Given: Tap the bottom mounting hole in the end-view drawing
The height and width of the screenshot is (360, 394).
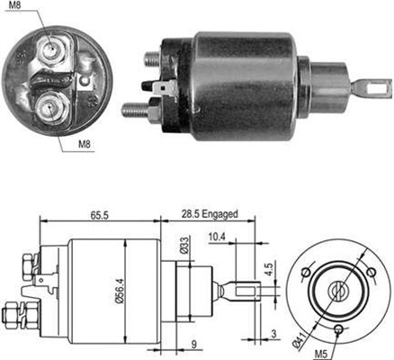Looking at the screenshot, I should click(x=337, y=331).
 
